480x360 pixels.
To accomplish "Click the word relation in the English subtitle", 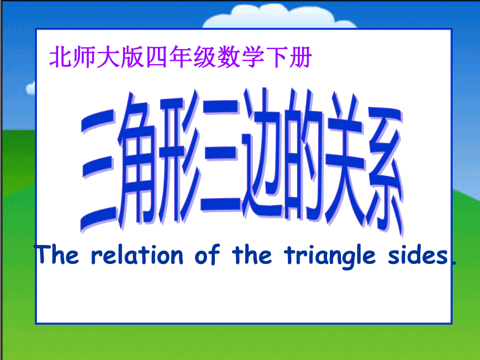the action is pyautogui.click(x=137, y=255).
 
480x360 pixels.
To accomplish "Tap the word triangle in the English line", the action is pyautogui.click(x=330, y=257).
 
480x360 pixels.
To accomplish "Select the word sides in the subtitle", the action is pyautogui.click(x=418, y=255).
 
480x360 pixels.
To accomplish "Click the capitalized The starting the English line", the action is pyautogui.click(x=57, y=254).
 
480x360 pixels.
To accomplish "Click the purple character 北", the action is pyautogui.click(x=61, y=56).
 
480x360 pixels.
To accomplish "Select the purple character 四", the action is pyautogui.click(x=157, y=57).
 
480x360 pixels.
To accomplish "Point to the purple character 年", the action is pyautogui.click(x=181, y=56).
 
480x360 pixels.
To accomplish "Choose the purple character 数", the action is pyautogui.click(x=228, y=56).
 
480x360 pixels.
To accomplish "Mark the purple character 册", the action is pyautogui.click(x=301, y=57).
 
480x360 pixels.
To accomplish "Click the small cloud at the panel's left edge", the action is pyautogui.click(x=31, y=88).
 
